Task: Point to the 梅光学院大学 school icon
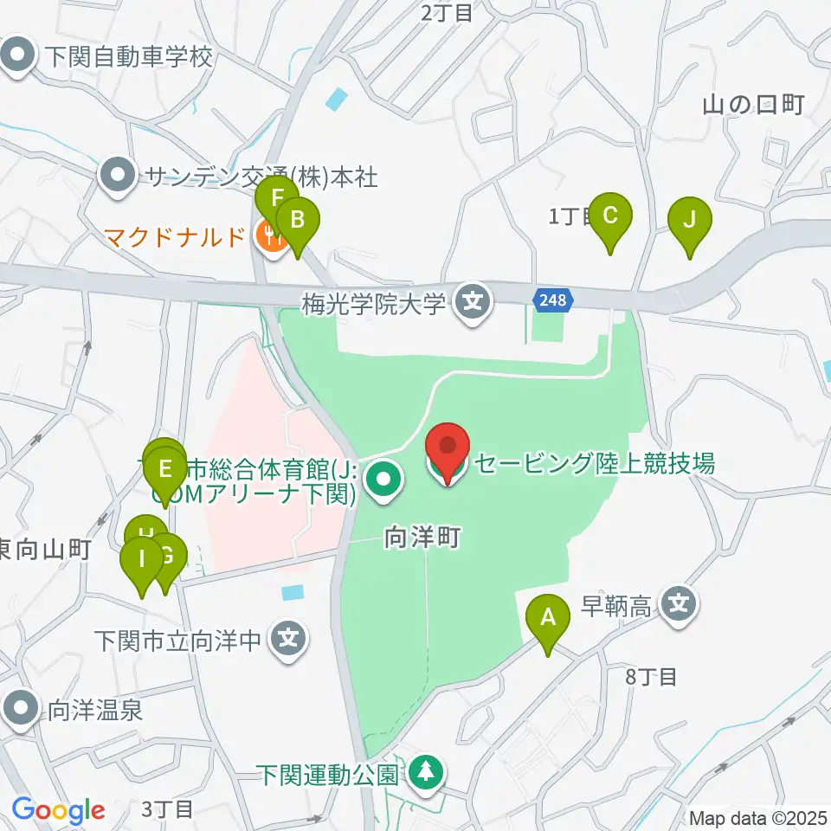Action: click(x=473, y=303)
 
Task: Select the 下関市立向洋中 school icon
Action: click(x=287, y=641)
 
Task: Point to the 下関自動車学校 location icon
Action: click(x=16, y=58)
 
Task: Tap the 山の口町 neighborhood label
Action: click(x=754, y=106)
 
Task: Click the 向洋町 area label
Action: click(x=421, y=539)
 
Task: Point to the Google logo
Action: click(x=58, y=811)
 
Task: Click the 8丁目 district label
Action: click(x=650, y=677)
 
